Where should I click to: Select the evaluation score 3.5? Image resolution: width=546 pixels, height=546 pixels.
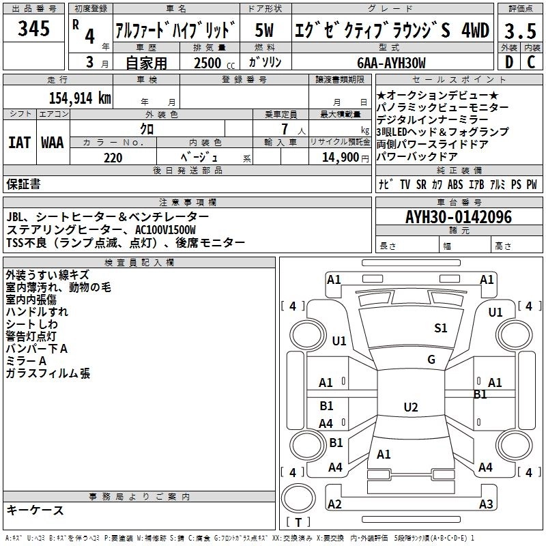pyautogui.click(x=520, y=31)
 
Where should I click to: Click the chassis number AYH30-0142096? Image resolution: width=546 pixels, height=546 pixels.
pyautogui.click(x=459, y=217)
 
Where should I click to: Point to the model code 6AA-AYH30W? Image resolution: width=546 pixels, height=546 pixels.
pyautogui.click(x=391, y=63)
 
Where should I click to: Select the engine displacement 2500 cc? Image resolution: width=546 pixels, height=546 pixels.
pyautogui.click(x=207, y=63)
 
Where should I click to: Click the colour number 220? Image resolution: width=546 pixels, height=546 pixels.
pyautogui.click(x=113, y=158)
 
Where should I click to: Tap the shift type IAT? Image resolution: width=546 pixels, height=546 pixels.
pyautogui.click(x=20, y=143)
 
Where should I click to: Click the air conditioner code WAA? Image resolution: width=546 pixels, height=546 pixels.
pyautogui.click(x=53, y=143)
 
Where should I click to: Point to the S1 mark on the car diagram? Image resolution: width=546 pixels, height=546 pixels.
pyautogui.click(x=441, y=328)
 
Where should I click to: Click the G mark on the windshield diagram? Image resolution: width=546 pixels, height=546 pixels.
pyautogui.click(x=431, y=360)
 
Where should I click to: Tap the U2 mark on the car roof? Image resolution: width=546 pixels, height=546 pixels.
pyautogui.click(x=410, y=407)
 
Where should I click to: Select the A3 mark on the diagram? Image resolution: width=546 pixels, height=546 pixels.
pyautogui.click(x=486, y=504)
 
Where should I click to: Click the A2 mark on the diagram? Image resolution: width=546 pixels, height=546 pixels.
pyautogui.click(x=334, y=504)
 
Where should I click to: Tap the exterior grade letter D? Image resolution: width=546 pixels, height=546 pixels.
pyautogui.click(x=508, y=63)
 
